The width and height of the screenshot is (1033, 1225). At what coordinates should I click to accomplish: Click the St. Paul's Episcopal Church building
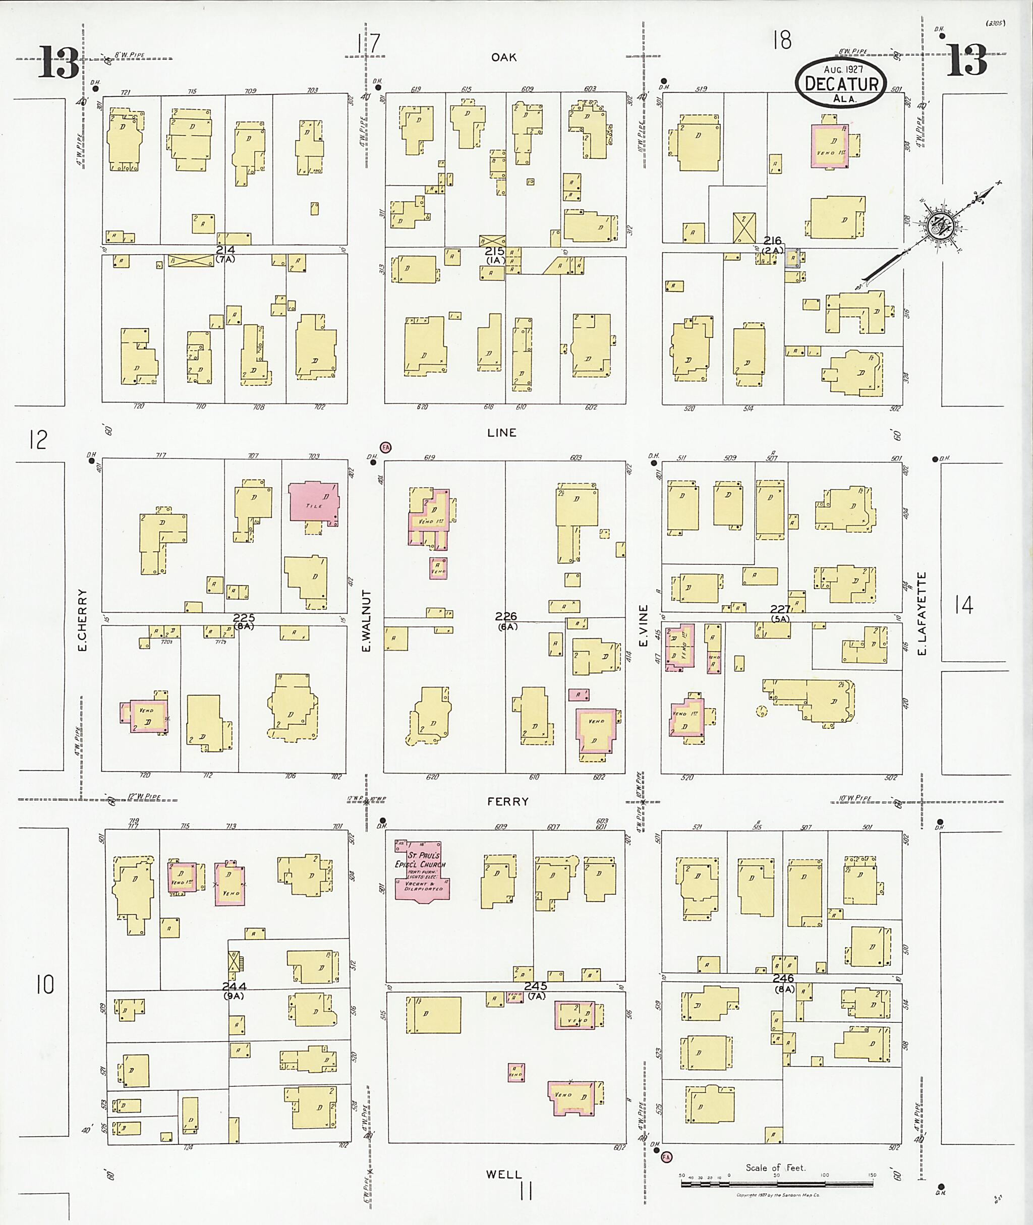(419, 870)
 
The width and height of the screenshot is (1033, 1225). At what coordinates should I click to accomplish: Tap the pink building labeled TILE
(314, 502)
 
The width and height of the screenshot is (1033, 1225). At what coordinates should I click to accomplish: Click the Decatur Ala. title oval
(840, 83)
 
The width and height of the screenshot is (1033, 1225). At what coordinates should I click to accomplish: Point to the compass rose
(941, 225)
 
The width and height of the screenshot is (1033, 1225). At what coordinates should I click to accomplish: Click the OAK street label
(503, 57)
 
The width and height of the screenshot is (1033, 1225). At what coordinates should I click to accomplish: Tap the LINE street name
(502, 433)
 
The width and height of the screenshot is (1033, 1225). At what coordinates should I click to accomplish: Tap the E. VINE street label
(643, 625)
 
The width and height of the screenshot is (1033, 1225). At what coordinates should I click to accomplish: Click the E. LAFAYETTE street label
(923, 614)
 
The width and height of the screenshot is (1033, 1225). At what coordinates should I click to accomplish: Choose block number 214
(225, 250)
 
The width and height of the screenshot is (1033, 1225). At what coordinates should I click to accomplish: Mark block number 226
(506, 616)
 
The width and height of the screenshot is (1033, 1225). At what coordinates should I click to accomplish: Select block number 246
(783, 978)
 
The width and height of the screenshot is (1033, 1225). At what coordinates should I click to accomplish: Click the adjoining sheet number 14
(963, 605)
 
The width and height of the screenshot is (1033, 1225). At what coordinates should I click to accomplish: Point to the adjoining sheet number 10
(45, 984)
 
